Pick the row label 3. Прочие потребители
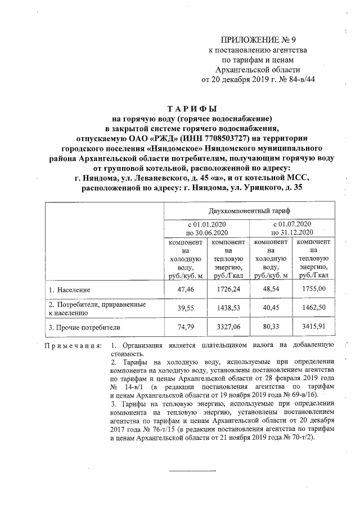pyautogui.click(x=84, y=326)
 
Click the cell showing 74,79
pyautogui.click(x=184, y=326)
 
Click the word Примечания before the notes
pyautogui.click(x=73, y=345)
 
